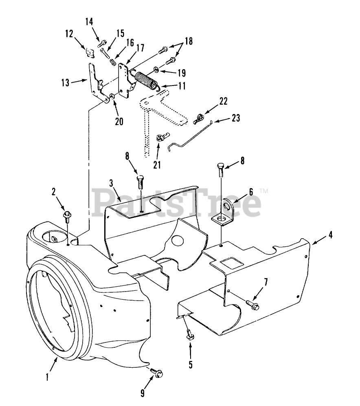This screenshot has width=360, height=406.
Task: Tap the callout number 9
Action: point(143,393)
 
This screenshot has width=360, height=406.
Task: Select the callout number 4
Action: point(330,235)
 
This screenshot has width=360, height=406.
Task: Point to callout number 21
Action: point(157,165)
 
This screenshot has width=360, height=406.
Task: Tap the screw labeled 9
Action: point(156,371)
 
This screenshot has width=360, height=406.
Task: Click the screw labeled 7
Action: point(252,303)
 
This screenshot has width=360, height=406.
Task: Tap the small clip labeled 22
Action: point(198,119)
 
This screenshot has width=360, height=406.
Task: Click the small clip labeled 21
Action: point(160,137)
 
